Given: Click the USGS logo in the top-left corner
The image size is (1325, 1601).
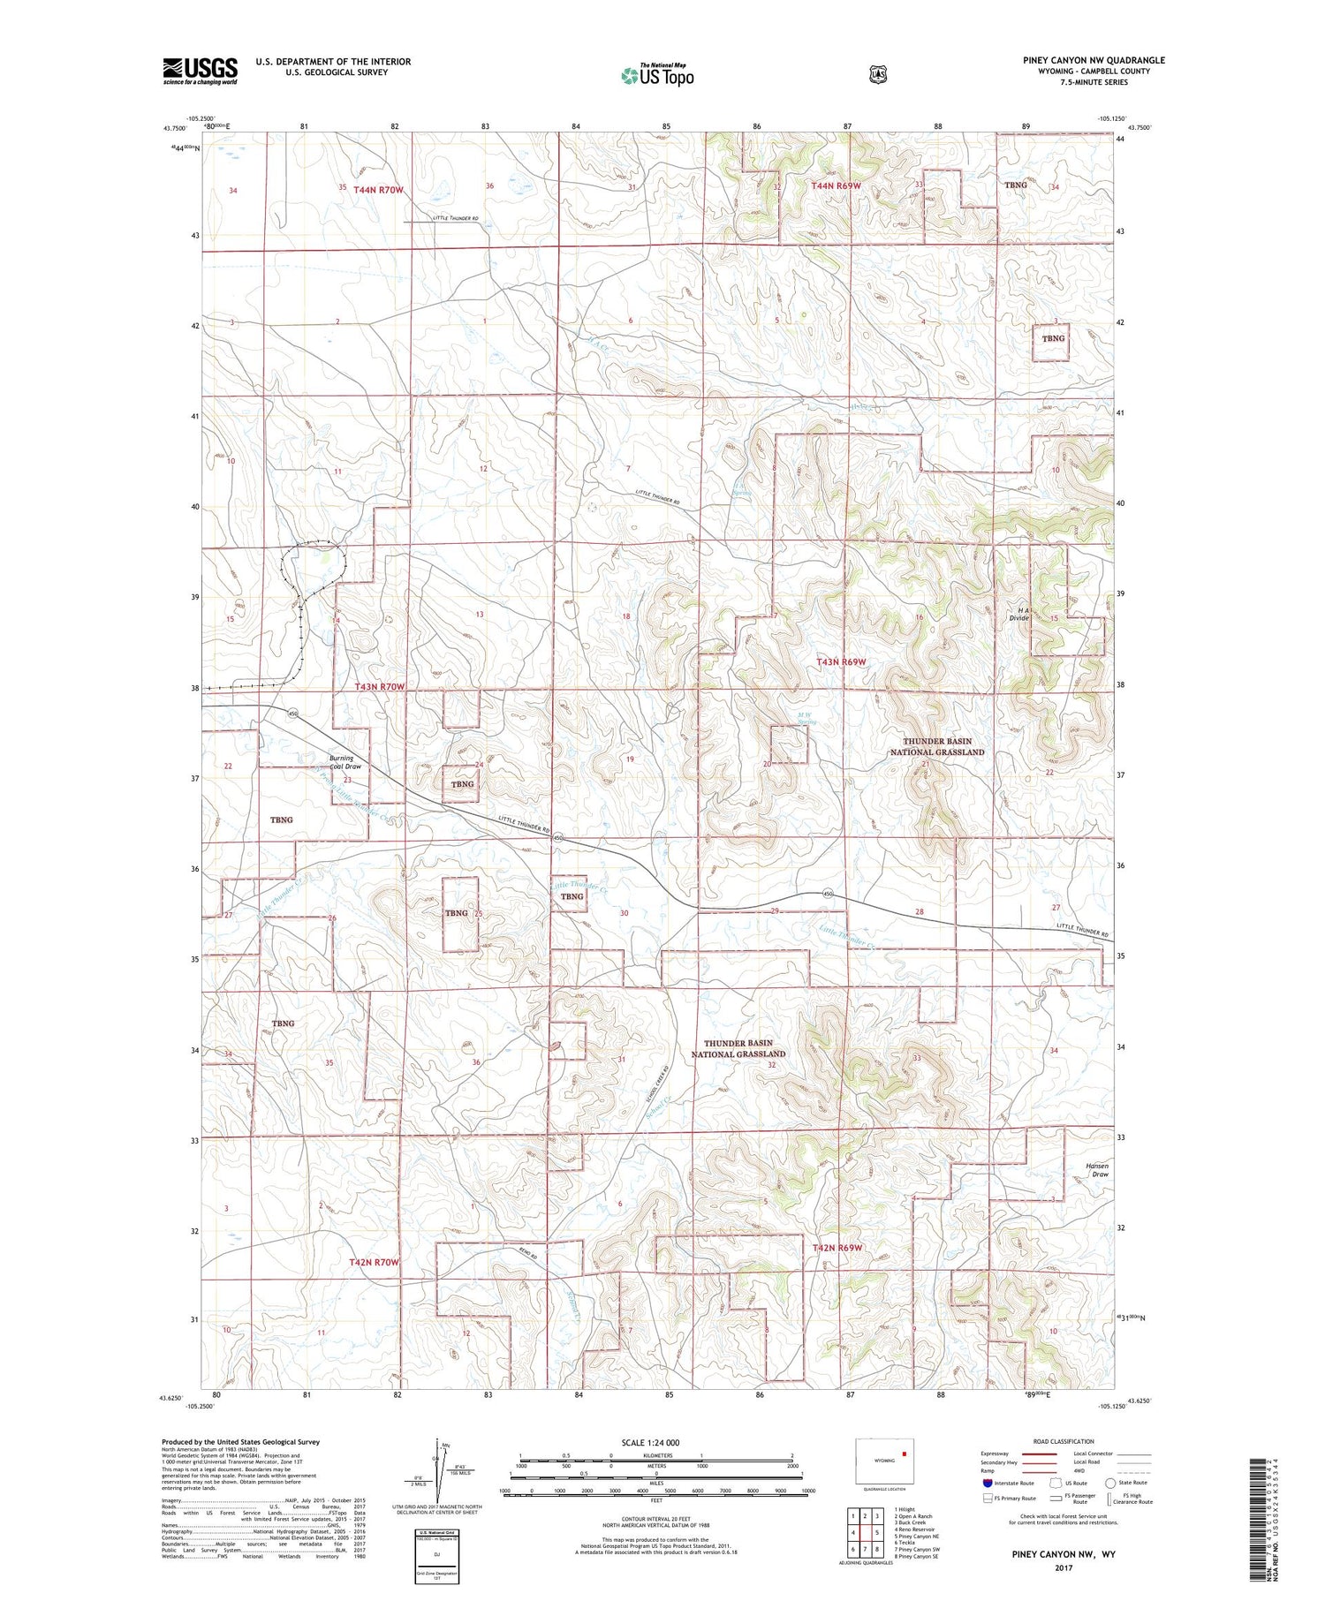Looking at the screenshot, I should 200,71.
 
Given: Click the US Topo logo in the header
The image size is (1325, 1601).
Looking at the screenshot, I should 657,75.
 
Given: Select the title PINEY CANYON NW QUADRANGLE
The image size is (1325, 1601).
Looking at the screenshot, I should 1094,60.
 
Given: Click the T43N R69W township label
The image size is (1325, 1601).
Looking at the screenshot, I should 841,661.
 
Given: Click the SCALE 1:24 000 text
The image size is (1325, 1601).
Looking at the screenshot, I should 650,1442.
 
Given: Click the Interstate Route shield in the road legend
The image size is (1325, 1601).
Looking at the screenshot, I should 987,1483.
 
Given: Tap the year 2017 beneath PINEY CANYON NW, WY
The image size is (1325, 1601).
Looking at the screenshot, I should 1064,1568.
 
